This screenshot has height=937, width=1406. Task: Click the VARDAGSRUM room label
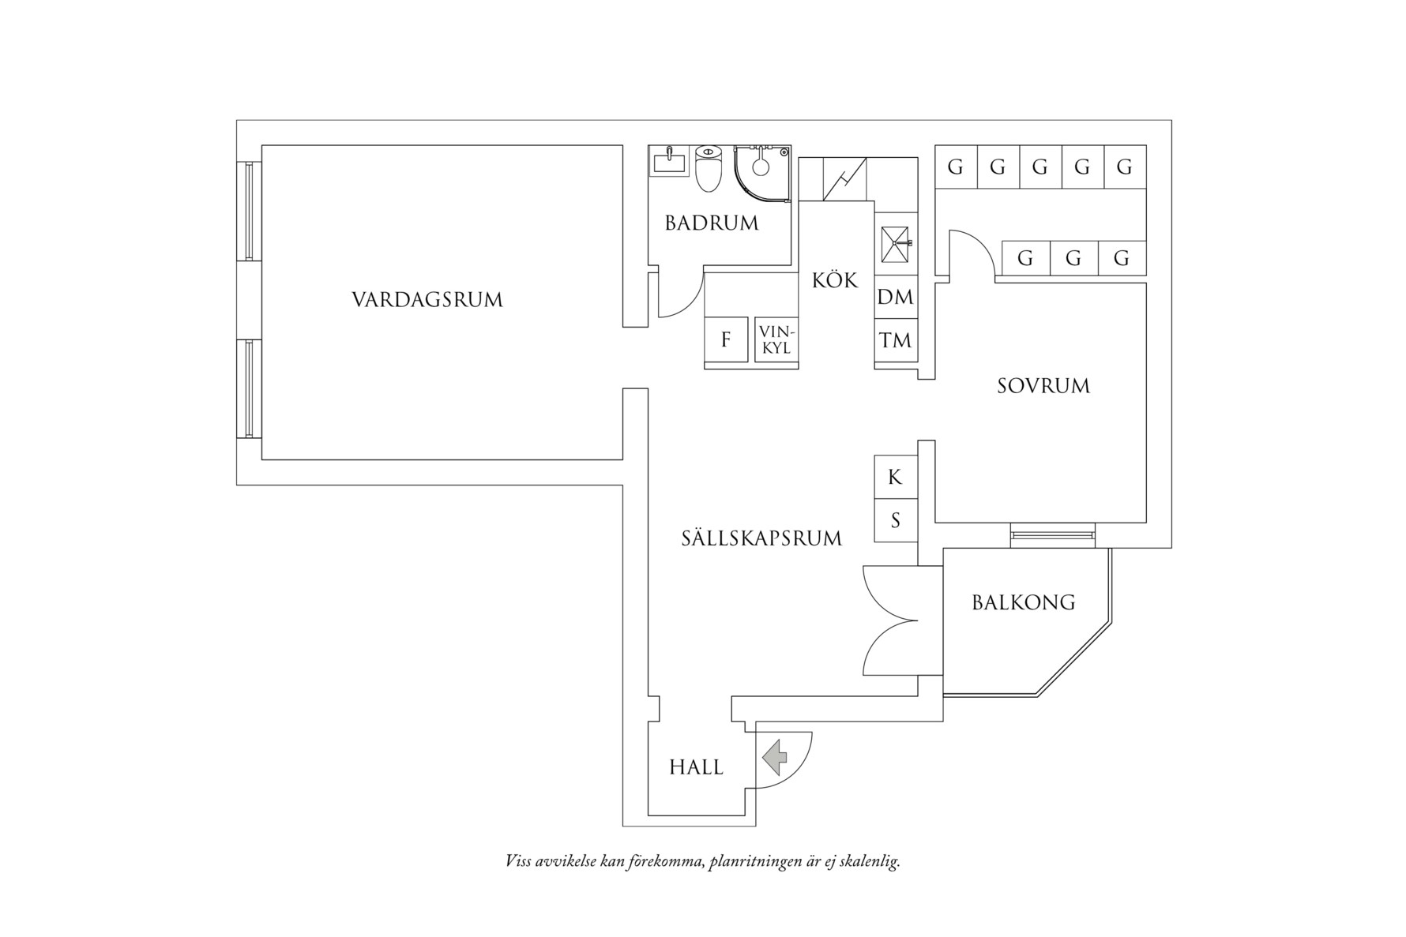coord(427,300)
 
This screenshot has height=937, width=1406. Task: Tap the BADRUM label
coord(711,223)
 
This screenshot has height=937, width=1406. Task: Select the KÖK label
coord(834,280)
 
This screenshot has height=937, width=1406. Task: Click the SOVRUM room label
coord(1043,386)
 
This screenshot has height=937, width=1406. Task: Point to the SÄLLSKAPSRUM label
coord(761,538)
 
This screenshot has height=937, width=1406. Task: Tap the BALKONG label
coord(1023,603)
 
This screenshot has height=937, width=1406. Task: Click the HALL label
coord(696,767)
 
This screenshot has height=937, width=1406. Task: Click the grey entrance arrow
coord(775,756)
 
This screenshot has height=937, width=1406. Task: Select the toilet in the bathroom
coord(709,167)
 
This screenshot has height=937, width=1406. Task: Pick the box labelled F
coord(726,339)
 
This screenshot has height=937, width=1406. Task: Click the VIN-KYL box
coord(776,339)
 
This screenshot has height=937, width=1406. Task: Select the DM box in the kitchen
coord(895,297)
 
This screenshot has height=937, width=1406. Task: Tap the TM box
coord(895,340)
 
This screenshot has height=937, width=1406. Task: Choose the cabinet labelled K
coord(895,477)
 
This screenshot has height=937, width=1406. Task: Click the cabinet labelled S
coord(895,520)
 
